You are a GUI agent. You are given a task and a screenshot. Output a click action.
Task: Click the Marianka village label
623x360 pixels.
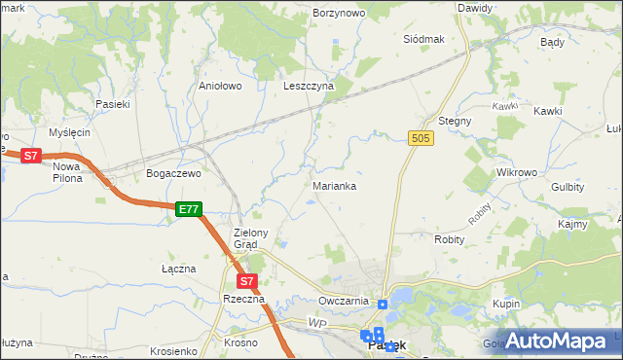point(334,185)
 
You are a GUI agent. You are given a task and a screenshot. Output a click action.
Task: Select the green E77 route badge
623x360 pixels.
point(189,208)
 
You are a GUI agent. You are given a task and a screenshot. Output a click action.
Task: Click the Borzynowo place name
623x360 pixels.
point(339,14)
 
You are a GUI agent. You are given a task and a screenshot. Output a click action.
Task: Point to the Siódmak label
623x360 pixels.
point(423,39)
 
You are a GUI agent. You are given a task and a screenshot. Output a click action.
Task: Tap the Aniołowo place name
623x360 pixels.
point(220,86)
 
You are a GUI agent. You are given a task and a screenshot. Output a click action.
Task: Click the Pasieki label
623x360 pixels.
point(112,103)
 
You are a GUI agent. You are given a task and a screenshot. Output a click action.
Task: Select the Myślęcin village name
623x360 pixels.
point(71,132)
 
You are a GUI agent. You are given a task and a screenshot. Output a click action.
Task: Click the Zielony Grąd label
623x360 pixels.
point(257,238)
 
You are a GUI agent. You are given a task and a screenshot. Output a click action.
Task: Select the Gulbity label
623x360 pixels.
point(567,186)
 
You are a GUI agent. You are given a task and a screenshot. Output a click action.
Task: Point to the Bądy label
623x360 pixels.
point(552,43)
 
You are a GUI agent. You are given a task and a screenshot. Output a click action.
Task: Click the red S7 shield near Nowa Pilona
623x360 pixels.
point(31,155)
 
